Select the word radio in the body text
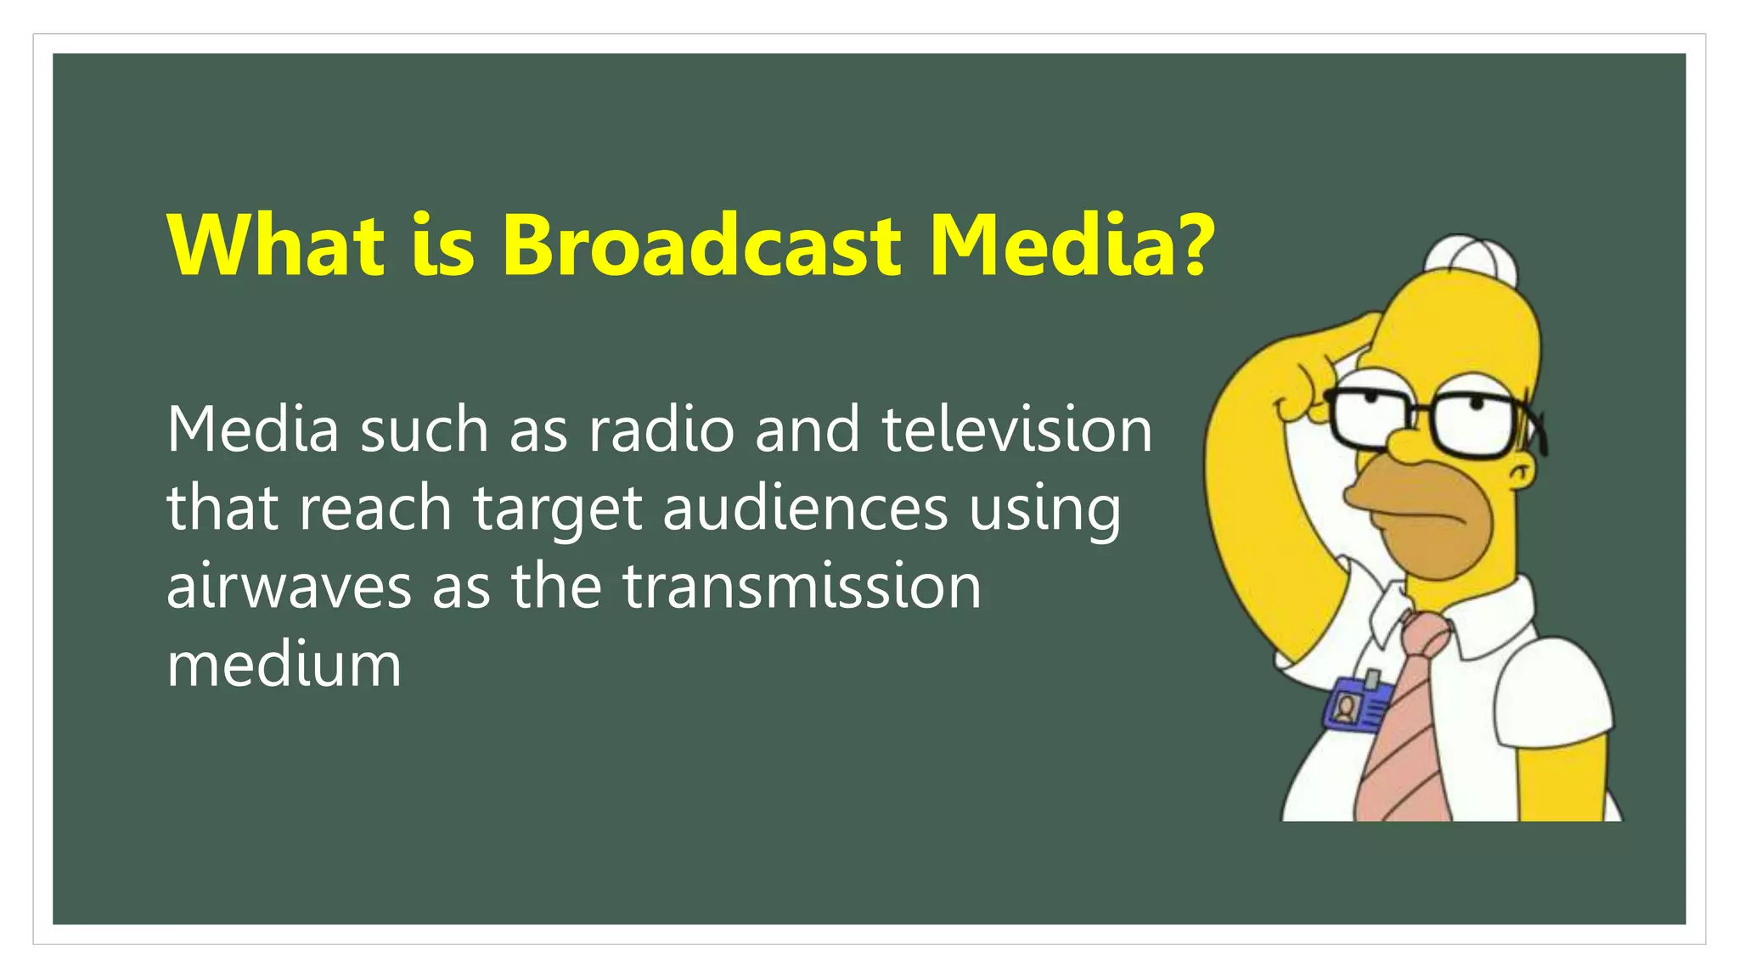[x=661, y=430]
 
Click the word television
[x=1016, y=430]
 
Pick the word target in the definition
[x=557, y=509]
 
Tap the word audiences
[x=805, y=508]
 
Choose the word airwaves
[x=289, y=587]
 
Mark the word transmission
[x=802, y=587]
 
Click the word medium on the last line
[x=284, y=665]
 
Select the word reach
[x=375, y=508]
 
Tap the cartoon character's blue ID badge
[x=1356, y=704]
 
